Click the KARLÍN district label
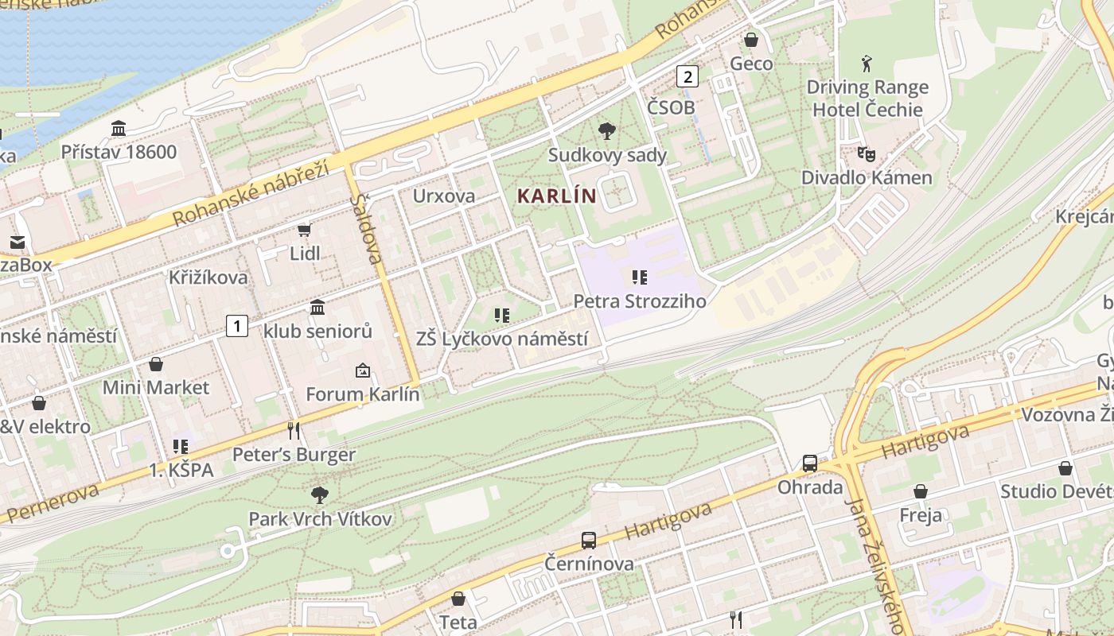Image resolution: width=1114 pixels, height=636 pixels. pyautogui.click(x=557, y=196)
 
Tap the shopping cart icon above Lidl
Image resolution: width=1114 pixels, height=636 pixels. pyautogui.click(x=304, y=231)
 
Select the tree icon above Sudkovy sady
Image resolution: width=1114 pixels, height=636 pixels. pyautogui.click(x=606, y=131)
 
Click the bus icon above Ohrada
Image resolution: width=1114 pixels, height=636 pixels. pyautogui.click(x=809, y=463)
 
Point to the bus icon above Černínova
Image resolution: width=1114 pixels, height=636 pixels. pyautogui.click(x=589, y=541)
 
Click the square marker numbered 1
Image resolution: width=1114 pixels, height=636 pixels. pyautogui.click(x=236, y=325)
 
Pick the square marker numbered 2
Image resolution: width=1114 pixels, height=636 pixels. pyautogui.click(x=687, y=76)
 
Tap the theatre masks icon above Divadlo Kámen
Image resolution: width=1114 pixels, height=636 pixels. pyautogui.click(x=866, y=153)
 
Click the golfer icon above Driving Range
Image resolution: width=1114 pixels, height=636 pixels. pyautogui.click(x=867, y=64)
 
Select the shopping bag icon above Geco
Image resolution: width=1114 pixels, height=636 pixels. pyautogui.click(x=751, y=40)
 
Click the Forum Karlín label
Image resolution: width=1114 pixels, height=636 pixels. pyautogui.click(x=363, y=394)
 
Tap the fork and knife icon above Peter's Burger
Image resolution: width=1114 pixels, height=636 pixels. pyautogui.click(x=294, y=431)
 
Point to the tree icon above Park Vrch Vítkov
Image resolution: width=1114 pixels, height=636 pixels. pyautogui.click(x=320, y=495)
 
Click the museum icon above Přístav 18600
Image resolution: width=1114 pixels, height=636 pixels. pyautogui.click(x=119, y=128)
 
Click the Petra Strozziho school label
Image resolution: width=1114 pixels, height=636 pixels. pyautogui.click(x=640, y=301)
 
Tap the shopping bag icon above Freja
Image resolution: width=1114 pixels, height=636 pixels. pyautogui.click(x=921, y=491)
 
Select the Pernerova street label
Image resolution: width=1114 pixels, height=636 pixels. pyautogui.click(x=51, y=502)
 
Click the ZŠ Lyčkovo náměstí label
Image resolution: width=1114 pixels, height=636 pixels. pyautogui.click(x=502, y=339)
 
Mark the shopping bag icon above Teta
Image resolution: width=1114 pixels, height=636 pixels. pyautogui.click(x=458, y=599)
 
